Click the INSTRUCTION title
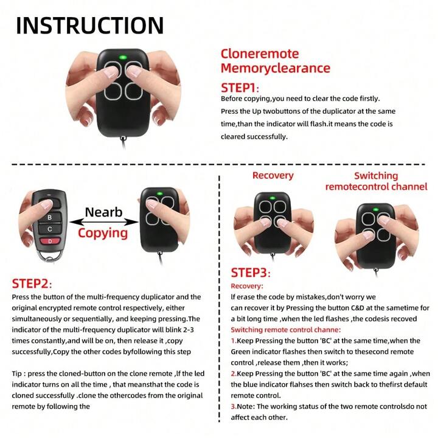point(89,25)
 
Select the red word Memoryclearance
point(275,68)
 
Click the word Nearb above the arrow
point(103,212)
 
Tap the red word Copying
point(102,233)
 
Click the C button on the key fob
point(49,229)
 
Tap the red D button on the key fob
point(49,243)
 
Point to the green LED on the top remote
point(122,58)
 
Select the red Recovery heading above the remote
point(273,175)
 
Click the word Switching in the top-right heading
point(375,176)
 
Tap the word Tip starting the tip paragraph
point(19,372)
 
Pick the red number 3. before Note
point(234,406)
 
